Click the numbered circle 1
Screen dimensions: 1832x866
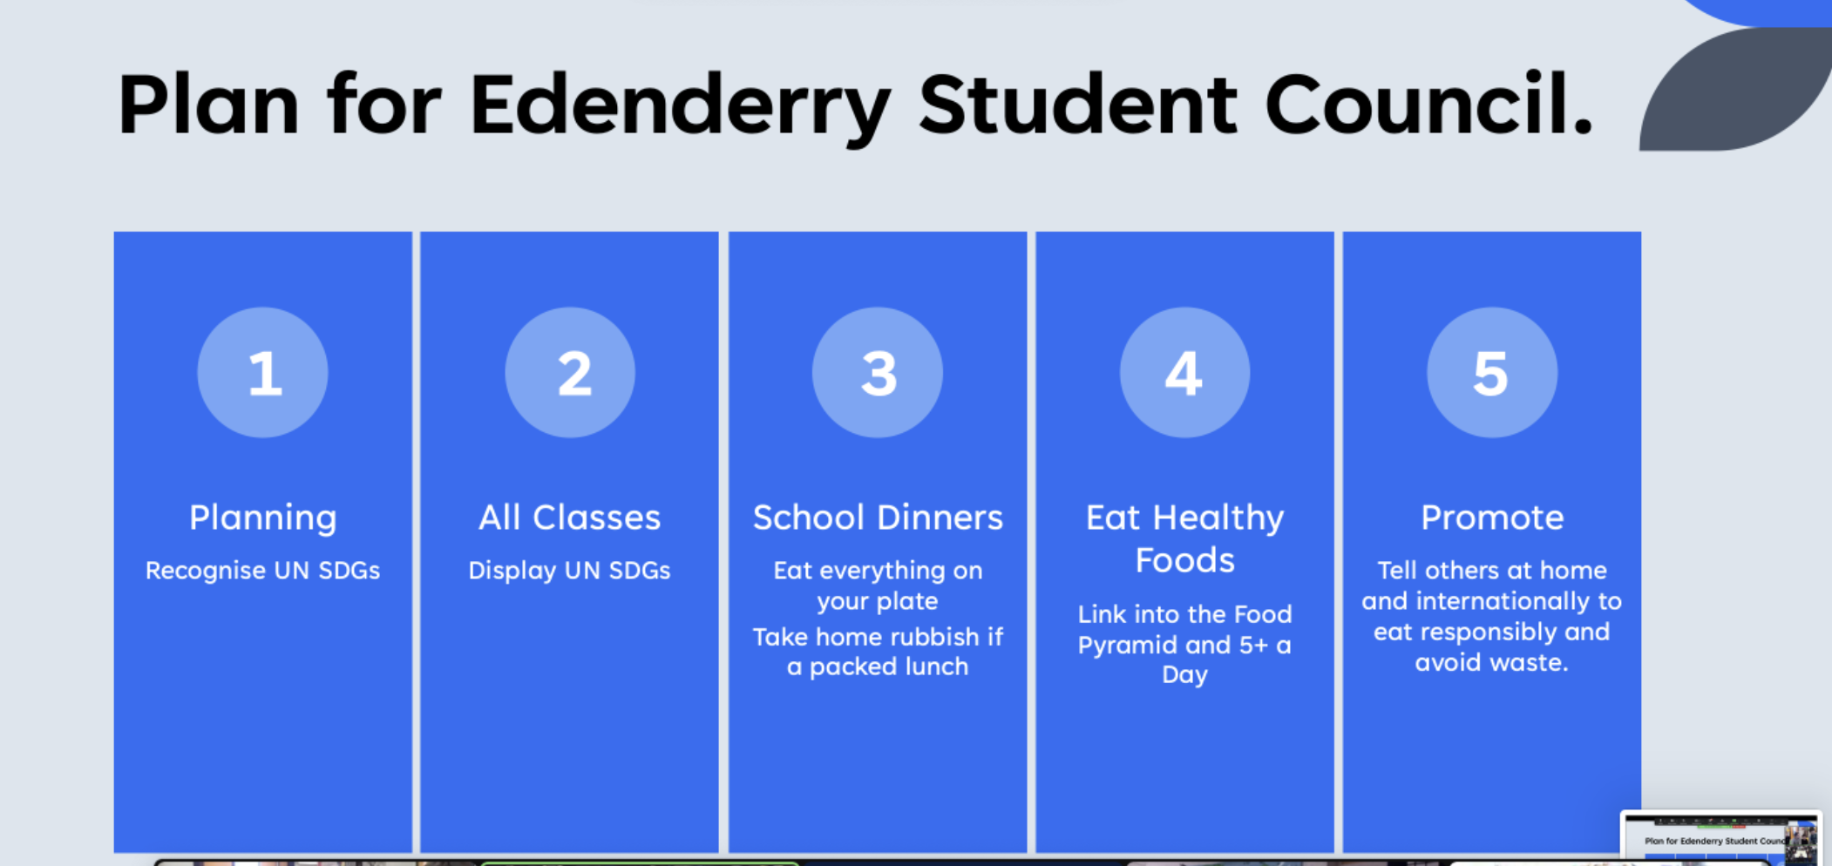pyautogui.click(x=262, y=372)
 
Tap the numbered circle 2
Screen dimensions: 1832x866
pyautogui.click(x=570, y=372)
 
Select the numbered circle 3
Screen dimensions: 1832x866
pyautogui.click(x=878, y=372)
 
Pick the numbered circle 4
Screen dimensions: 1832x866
pyautogui.click(x=1184, y=372)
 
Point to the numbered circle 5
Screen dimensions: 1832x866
pyautogui.click(x=1492, y=372)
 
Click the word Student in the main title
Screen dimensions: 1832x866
pyautogui.click(x=1077, y=105)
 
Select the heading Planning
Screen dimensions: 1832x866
pyautogui.click(x=263, y=518)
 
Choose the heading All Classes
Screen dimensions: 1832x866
pyautogui.click(x=570, y=518)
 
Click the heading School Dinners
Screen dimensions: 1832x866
pyautogui.click(x=878, y=518)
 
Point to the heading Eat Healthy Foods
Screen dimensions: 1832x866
pyautogui.click(x=1184, y=538)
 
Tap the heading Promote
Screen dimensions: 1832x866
pyautogui.click(x=1492, y=518)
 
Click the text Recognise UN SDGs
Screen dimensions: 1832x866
pyautogui.click(x=262, y=571)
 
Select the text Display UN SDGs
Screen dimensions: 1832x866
pyautogui.click(x=569, y=571)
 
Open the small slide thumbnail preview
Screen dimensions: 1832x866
pyautogui.click(x=1721, y=838)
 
